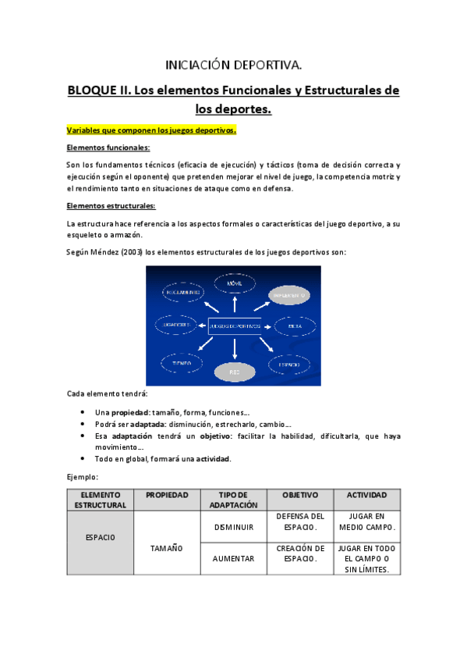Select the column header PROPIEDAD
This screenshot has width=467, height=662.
tap(166, 495)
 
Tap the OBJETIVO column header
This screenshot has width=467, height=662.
tap(300, 495)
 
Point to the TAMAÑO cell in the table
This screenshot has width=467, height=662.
tap(166, 548)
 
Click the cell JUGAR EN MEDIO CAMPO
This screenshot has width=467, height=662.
tap(367, 521)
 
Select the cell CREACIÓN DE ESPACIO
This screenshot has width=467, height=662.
tap(300, 553)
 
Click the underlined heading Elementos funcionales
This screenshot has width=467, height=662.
tap(109, 148)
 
